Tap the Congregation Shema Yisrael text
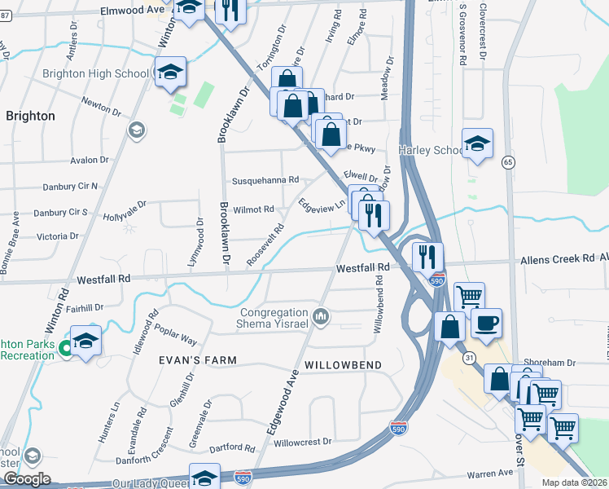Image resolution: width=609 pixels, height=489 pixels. [274, 319]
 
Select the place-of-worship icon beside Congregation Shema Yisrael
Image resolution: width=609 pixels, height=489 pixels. [321, 315]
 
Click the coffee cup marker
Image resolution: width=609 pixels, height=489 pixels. [486, 323]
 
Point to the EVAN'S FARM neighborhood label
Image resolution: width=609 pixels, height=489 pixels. [199, 360]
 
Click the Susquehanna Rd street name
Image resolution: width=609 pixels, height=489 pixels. [265, 179]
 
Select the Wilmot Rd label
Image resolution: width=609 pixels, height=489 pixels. [254, 209]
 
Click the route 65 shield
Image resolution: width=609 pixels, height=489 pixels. [509, 162]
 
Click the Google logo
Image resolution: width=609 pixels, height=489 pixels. [27, 479]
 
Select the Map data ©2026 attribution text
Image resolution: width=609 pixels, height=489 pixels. [575, 482]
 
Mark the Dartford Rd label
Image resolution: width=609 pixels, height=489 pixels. [233, 447]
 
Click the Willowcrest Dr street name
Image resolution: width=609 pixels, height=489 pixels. [303, 442]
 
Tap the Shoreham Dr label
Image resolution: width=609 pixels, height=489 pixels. [550, 363]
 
